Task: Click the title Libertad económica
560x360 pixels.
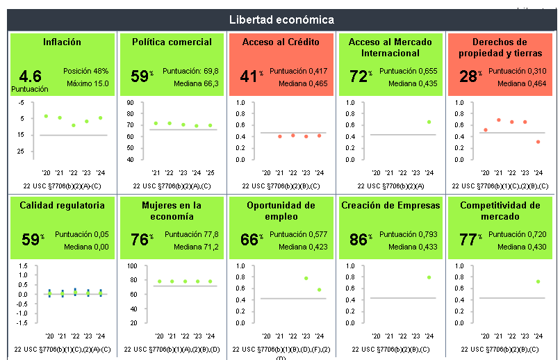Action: (x=281, y=19)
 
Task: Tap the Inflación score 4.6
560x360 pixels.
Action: (x=31, y=76)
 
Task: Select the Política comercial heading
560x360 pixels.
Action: (x=172, y=42)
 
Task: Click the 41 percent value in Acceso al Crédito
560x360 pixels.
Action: (x=249, y=76)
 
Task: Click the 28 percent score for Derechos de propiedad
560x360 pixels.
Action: (x=468, y=76)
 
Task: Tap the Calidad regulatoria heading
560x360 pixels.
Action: (x=63, y=205)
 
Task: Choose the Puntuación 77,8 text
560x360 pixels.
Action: (x=192, y=234)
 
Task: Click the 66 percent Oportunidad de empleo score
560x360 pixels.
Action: (x=249, y=240)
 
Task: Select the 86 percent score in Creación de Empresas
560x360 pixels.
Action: (x=359, y=240)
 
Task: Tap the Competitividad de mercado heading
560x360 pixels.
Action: (x=500, y=211)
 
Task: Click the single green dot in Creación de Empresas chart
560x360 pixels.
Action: (x=429, y=277)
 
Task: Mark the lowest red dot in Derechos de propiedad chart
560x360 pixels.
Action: (x=538, y=142)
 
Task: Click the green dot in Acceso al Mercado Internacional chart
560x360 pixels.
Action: (x=429, y=122)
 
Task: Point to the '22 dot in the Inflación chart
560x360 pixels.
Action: (x=73, y=125)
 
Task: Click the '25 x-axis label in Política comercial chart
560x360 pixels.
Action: (x=210, y=172)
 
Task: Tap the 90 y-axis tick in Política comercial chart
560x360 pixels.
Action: (x=130, y=103)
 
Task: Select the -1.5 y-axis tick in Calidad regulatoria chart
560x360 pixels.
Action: (x=23, y=322)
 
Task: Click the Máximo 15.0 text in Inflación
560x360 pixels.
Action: (x=88, y=83)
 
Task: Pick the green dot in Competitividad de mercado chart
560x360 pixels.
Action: (x=538, y=281)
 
